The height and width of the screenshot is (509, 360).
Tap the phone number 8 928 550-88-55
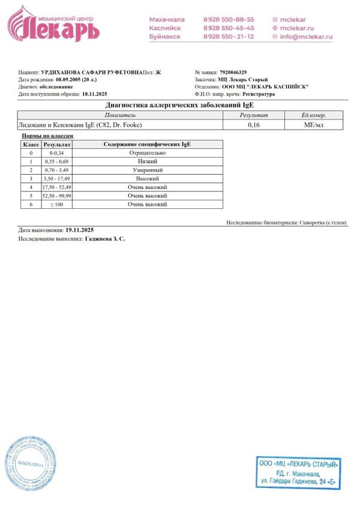coord(228,19)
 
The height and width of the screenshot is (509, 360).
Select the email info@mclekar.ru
coord(305,37)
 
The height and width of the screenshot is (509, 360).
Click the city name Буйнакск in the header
coord(166,37)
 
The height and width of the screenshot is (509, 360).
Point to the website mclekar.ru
coord(297,28)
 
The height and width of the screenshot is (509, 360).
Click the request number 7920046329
coord(233,72)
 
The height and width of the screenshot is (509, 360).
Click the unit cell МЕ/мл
coord(314,125)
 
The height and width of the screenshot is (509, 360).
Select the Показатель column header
coord(120,115)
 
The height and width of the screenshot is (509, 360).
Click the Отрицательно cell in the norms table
coord(147,153)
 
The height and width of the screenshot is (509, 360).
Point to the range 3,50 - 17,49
coord(56,179)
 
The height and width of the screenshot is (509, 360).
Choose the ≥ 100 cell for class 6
coord(56,205)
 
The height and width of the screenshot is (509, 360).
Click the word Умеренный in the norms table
coord(147,170)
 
